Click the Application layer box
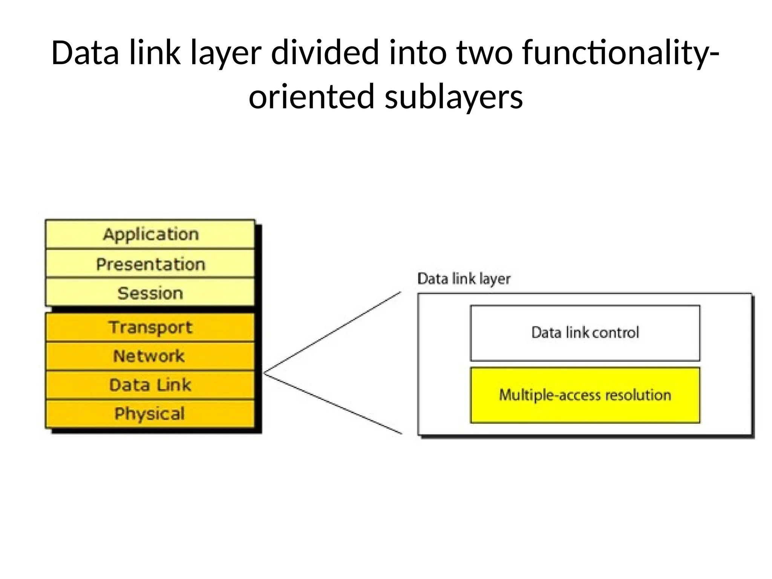[x=150, y=234]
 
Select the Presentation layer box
[x=150, y=264]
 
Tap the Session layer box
[x=150, y=293]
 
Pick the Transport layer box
[x=150, y=327]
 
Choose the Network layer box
[x=150, y=356]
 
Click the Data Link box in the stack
[x=150, y=385]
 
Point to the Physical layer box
[x=150, y=414]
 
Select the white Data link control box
[x=585, y=333]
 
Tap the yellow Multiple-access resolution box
[x=585, y=395]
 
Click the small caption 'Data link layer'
[x=464, y=279]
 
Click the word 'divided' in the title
[x=325, y=53]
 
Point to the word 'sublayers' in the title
[x=453, y=97]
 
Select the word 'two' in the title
[x=484, y=53]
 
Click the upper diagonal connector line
[x=332, y=332]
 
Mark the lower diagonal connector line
[x=332, y=403]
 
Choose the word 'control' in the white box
[x=615, y=333]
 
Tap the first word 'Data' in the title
[x=85, y=53]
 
